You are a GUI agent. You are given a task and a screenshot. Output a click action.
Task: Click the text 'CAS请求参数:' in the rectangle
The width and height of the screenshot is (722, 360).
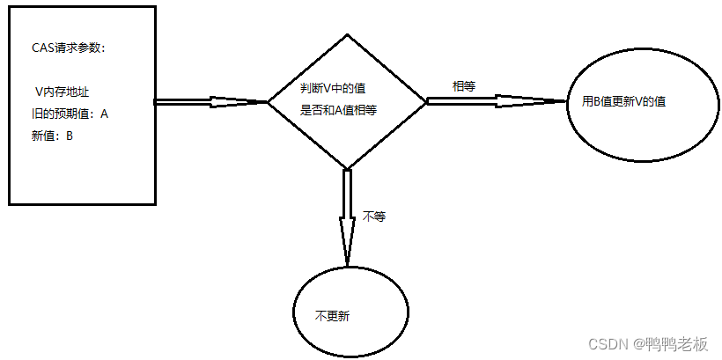[x=68, y=48]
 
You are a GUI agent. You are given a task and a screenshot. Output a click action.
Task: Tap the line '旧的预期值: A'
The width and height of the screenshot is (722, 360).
[x=69, y=114]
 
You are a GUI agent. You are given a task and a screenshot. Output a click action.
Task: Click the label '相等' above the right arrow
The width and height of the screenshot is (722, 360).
[x=464, y=86]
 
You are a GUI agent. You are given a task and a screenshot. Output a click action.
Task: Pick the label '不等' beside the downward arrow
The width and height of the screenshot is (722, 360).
[x=374, y=216]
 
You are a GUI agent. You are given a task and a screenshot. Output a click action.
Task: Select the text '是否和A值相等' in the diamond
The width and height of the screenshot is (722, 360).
[x=339, y=112]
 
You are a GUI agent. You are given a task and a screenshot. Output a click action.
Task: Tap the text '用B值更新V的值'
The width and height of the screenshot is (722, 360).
[x=624, y=101]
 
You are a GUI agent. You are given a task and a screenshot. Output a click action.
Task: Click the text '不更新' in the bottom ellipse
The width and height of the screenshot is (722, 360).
[x=333, y=315]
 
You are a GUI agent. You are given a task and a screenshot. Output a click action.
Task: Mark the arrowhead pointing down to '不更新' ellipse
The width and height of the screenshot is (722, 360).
[x=347, y=251]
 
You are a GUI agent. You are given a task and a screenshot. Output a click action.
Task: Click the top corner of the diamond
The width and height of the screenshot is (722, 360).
[x=348, y=35]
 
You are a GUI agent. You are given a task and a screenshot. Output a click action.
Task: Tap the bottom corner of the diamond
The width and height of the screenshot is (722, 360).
[x=348, y=167]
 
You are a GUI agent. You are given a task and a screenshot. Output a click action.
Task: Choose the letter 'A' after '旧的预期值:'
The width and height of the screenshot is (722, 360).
[x=104, y=114]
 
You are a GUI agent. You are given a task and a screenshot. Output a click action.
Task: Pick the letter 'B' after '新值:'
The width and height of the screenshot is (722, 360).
[x=70, y=136]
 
